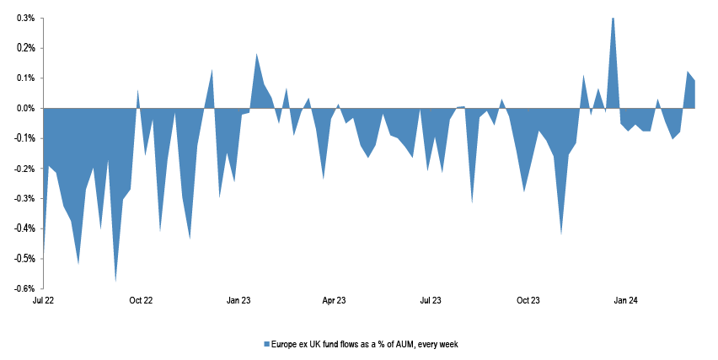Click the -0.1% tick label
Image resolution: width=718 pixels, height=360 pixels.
[x=23, y=138]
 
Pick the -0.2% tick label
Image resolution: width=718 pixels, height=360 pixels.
[x=23, y=169]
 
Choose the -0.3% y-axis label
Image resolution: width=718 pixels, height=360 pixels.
[x=23, y=199]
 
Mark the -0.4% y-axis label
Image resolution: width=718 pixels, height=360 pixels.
[x=23, y=228]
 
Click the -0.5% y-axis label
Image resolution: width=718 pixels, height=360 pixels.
[x=23, y=259]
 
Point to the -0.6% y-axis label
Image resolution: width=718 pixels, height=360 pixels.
[x=23, y=288]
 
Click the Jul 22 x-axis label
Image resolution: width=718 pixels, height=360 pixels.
[x=43, y=300]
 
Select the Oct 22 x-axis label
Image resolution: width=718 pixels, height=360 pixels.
[x=141, y=300]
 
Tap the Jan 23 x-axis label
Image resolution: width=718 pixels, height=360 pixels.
[x=238, y=300]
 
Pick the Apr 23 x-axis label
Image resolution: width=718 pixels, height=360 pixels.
[x=335, y=300]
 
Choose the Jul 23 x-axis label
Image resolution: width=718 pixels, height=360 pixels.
[x=431, y=300]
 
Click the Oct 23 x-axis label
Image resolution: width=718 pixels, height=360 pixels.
[x=528, y=300]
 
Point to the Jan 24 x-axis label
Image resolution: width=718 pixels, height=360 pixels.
[x=624, y=300]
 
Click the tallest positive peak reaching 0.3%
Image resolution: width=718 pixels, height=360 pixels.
[x=613, y=19]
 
